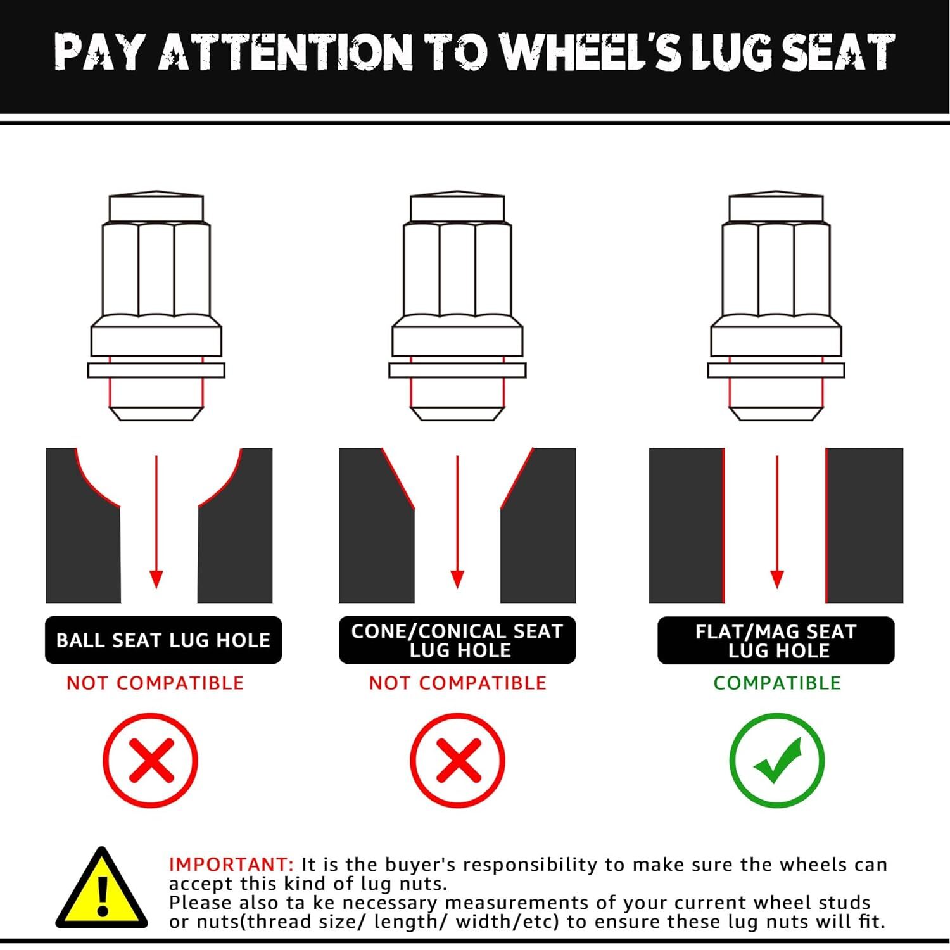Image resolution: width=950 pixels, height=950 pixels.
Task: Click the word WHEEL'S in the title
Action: click(x=592, y=51)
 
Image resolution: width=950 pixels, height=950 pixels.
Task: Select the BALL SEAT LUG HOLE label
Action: click(x=163, y=640)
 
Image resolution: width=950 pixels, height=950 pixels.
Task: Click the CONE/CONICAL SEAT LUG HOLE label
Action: click(x=457, y=640)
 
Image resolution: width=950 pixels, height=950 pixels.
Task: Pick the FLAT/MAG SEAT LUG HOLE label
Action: click(x=776, y=640)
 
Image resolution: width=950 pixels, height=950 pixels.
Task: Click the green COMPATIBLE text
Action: click(x=777, y=683)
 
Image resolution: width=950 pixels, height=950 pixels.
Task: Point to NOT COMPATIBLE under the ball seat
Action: click(x=155, y=683)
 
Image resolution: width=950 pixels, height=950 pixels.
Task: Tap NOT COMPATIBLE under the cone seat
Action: click(x=457, y=683)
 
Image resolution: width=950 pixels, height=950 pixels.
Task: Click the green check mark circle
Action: click(x=777, y=760)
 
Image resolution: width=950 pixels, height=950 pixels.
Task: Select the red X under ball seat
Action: click(x=151, y=760)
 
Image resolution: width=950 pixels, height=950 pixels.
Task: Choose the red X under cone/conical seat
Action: click(x=457, y=760)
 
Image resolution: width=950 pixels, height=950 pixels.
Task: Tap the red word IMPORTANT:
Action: click(x=231, y=864)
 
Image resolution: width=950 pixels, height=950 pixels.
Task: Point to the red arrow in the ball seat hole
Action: click(x=156, y=522)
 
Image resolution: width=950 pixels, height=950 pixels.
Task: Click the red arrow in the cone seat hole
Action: click(x=457, y=522)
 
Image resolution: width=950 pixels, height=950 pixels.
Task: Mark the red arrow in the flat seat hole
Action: click(x=777, y=522)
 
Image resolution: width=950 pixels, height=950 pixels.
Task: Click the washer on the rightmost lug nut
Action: click(x=776, y=370)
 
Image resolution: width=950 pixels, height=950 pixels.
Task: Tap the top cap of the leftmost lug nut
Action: click(x=156, y=206)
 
